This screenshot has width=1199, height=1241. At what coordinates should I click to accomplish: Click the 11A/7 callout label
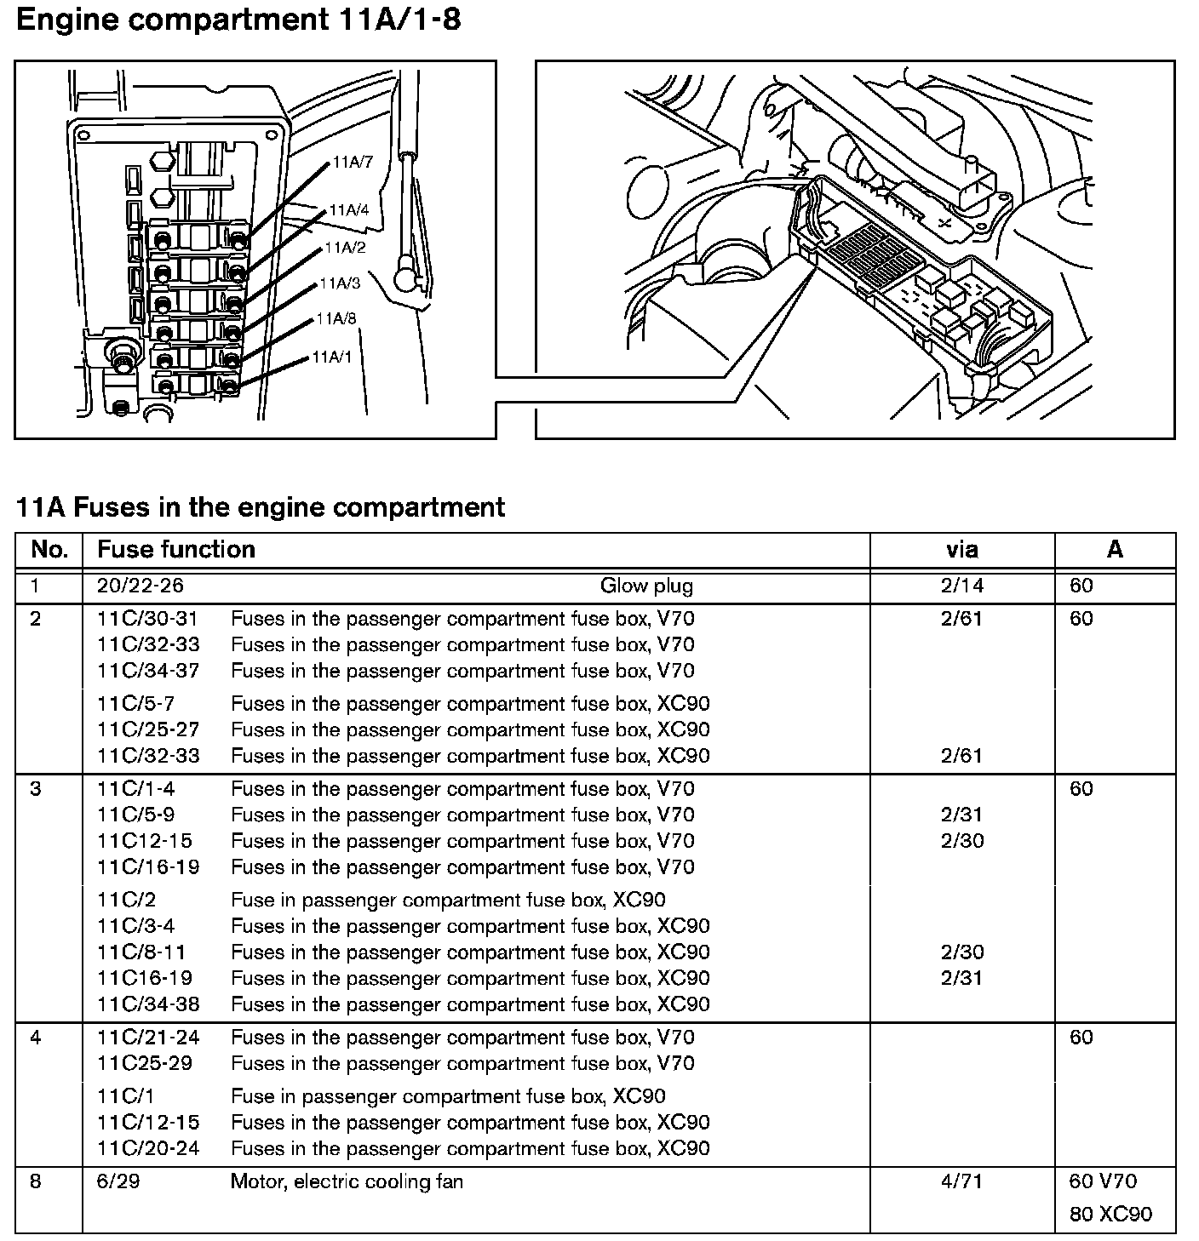pos(353,162)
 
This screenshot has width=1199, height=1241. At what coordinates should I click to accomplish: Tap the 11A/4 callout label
pos(349,209)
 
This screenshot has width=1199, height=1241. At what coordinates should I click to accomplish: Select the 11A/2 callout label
pos(345,248)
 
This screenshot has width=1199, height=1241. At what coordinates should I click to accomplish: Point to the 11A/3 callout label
pos(340,283)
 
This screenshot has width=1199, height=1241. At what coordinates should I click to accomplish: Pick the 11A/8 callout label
pos(336,319)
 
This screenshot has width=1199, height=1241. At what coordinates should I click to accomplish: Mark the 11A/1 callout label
pos(332,357)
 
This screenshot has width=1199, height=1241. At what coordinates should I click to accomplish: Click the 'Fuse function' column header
pos(176,550)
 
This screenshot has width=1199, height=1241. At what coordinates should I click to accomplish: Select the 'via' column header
pos(961,550)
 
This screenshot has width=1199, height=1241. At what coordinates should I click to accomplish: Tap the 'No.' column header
pos(49,550)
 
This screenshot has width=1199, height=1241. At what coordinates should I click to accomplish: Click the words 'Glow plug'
pos(646,586)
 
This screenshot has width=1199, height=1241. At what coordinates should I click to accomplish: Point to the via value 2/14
pos(961,586)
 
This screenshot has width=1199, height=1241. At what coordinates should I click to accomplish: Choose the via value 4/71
pos(961,1181)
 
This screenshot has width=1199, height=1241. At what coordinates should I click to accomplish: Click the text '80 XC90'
pos(1110,1214)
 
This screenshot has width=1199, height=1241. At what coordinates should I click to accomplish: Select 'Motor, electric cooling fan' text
pos(347,1181)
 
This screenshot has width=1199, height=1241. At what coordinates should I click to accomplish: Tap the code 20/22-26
pos(141,586)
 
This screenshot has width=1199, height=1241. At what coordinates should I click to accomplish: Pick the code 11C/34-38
pos(148,1004)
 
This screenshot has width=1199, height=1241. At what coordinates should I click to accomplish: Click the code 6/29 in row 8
pos(118,1181)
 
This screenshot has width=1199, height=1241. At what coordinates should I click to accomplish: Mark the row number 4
pos(35,1038)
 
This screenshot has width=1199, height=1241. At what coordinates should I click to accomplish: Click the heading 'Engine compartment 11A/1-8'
pos(238,20)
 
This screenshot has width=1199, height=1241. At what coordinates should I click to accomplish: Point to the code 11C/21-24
pos(148,1038)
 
